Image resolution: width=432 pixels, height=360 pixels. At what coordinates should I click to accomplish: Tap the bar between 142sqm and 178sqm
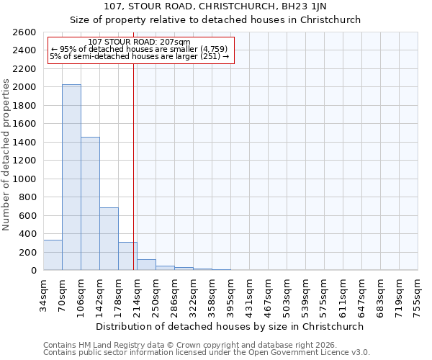(x=109, y=238)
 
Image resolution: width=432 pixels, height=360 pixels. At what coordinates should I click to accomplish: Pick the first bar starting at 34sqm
(x=53, y=255)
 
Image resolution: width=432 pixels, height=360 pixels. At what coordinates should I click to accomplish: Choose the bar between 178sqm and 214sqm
(x=127, y=256)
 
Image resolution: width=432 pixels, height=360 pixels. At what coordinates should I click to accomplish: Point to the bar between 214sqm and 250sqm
(x=146, y=265)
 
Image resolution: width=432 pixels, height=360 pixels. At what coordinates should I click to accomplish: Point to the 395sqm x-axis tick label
(x=231, y=295)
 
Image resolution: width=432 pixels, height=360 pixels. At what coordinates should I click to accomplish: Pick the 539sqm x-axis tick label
(x=306, y=295)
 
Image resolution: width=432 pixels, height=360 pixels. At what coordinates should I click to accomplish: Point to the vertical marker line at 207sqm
(x=134, y=166)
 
